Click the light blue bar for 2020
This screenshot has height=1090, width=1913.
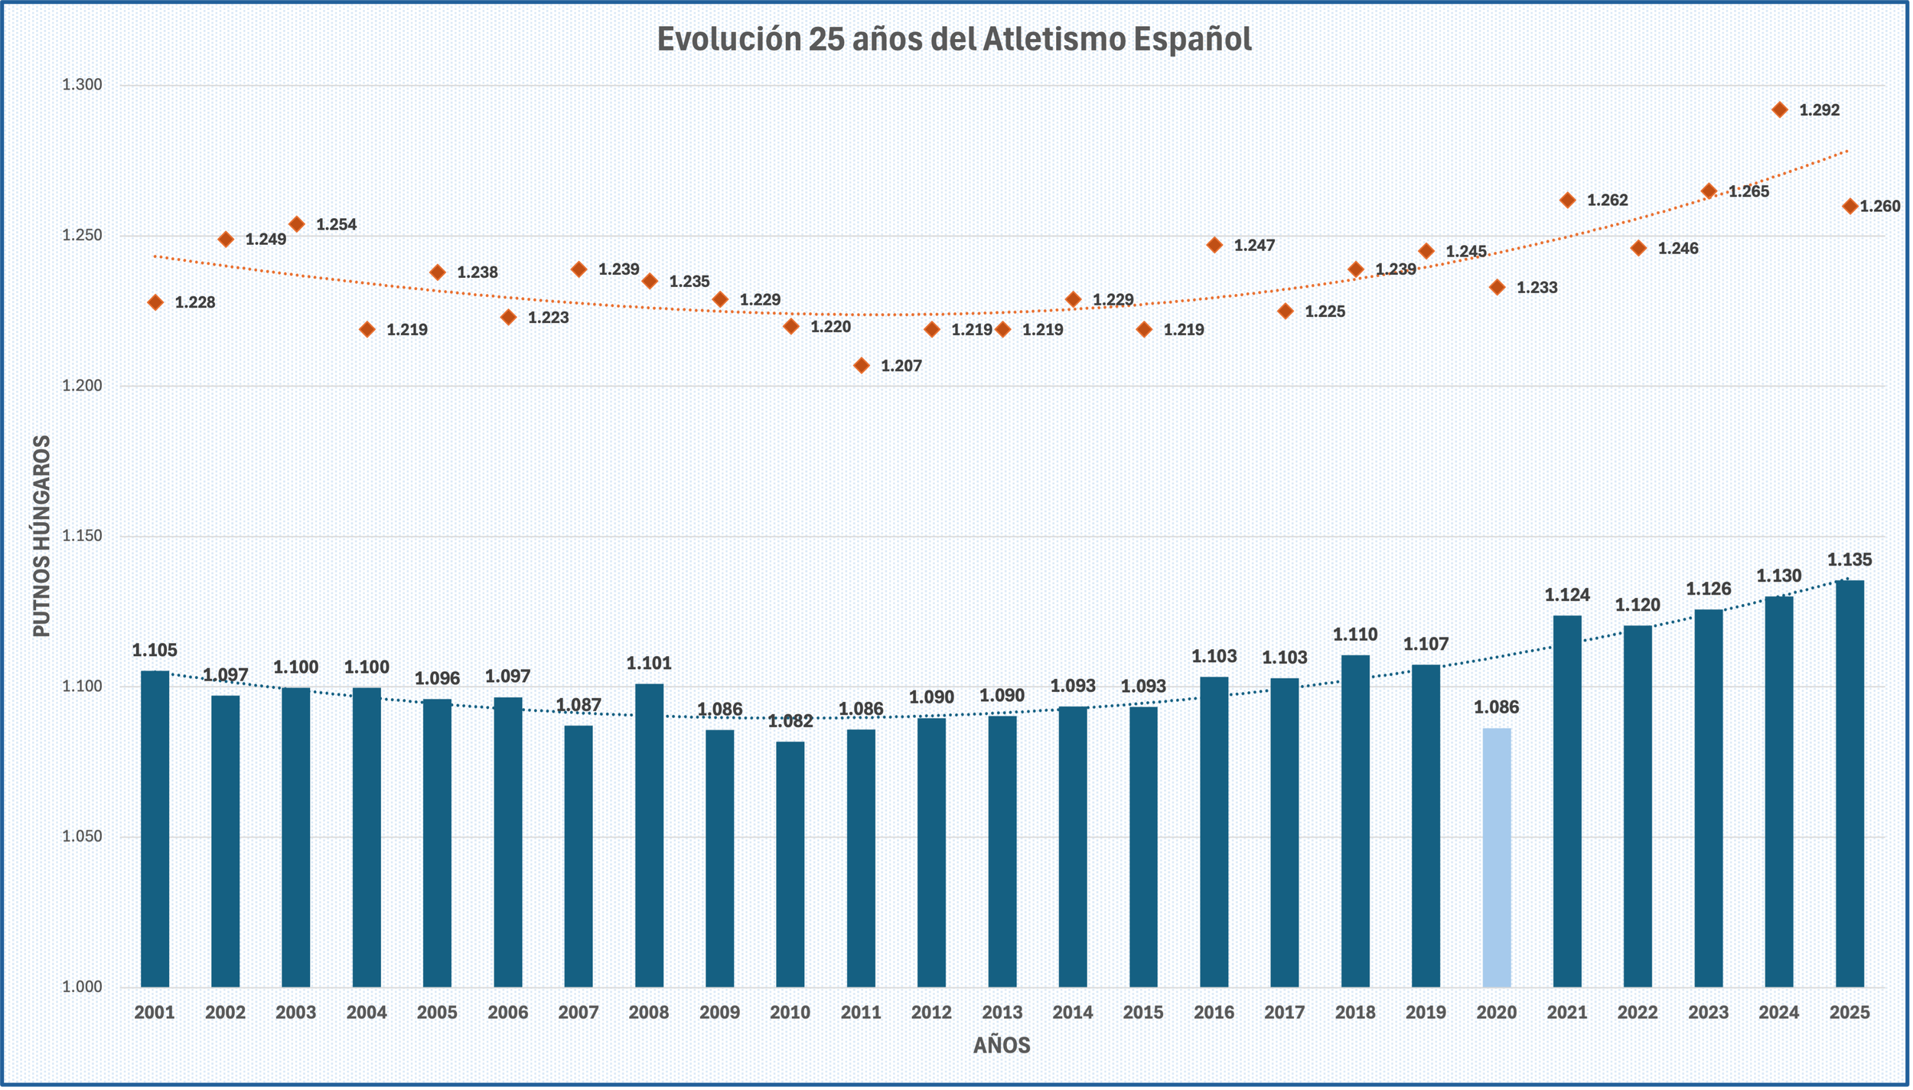1497,857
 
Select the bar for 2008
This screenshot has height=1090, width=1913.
649,835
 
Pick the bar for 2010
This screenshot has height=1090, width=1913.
790,864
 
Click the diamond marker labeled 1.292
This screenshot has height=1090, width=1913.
1780,110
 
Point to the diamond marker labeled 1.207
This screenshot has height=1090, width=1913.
862,366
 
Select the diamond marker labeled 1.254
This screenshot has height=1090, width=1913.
297,224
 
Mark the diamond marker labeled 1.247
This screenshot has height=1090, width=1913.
1214,246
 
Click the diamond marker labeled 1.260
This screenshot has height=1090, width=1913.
1850,207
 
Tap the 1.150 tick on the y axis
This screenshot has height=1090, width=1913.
82,537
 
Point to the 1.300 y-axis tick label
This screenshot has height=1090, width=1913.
82,85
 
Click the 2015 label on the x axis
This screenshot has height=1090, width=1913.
1143,1013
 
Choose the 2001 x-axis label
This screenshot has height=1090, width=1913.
155,1013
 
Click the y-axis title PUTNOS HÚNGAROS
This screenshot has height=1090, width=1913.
42,536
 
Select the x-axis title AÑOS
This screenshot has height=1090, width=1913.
1002,1046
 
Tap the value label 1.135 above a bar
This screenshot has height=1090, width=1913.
1849,560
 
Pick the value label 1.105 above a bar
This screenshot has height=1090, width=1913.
155,651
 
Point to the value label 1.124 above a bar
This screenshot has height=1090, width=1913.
1567,595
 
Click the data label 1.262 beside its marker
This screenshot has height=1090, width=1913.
1607,201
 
